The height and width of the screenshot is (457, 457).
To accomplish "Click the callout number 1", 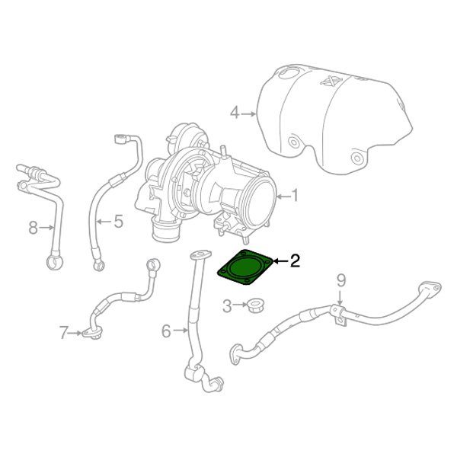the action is pyautogui.click(x=295, y=196).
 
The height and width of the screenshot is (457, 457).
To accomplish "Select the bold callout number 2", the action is pyautogui.click(x=295, y=261).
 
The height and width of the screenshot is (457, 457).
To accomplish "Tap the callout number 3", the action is pyautogui.click(x=226, y=306).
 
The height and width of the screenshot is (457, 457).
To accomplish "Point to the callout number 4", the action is pyautogui.click(x=235, y=113).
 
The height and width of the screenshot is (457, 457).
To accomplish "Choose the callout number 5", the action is pyautogui.click(x=118, y=222).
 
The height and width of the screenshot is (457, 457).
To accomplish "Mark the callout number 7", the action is pyautogui.click(x=64, y=331).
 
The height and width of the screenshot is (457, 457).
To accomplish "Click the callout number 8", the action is pyautogui.click(x=33, y=226).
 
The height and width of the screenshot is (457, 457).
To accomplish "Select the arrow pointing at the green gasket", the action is pyautogui.click(x=280, y=261).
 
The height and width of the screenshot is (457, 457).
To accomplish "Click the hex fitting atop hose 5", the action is pyautogui.click(x=120, y=139).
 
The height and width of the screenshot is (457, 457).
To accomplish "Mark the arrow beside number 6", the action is pyautogui.click(x=181, y=330).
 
